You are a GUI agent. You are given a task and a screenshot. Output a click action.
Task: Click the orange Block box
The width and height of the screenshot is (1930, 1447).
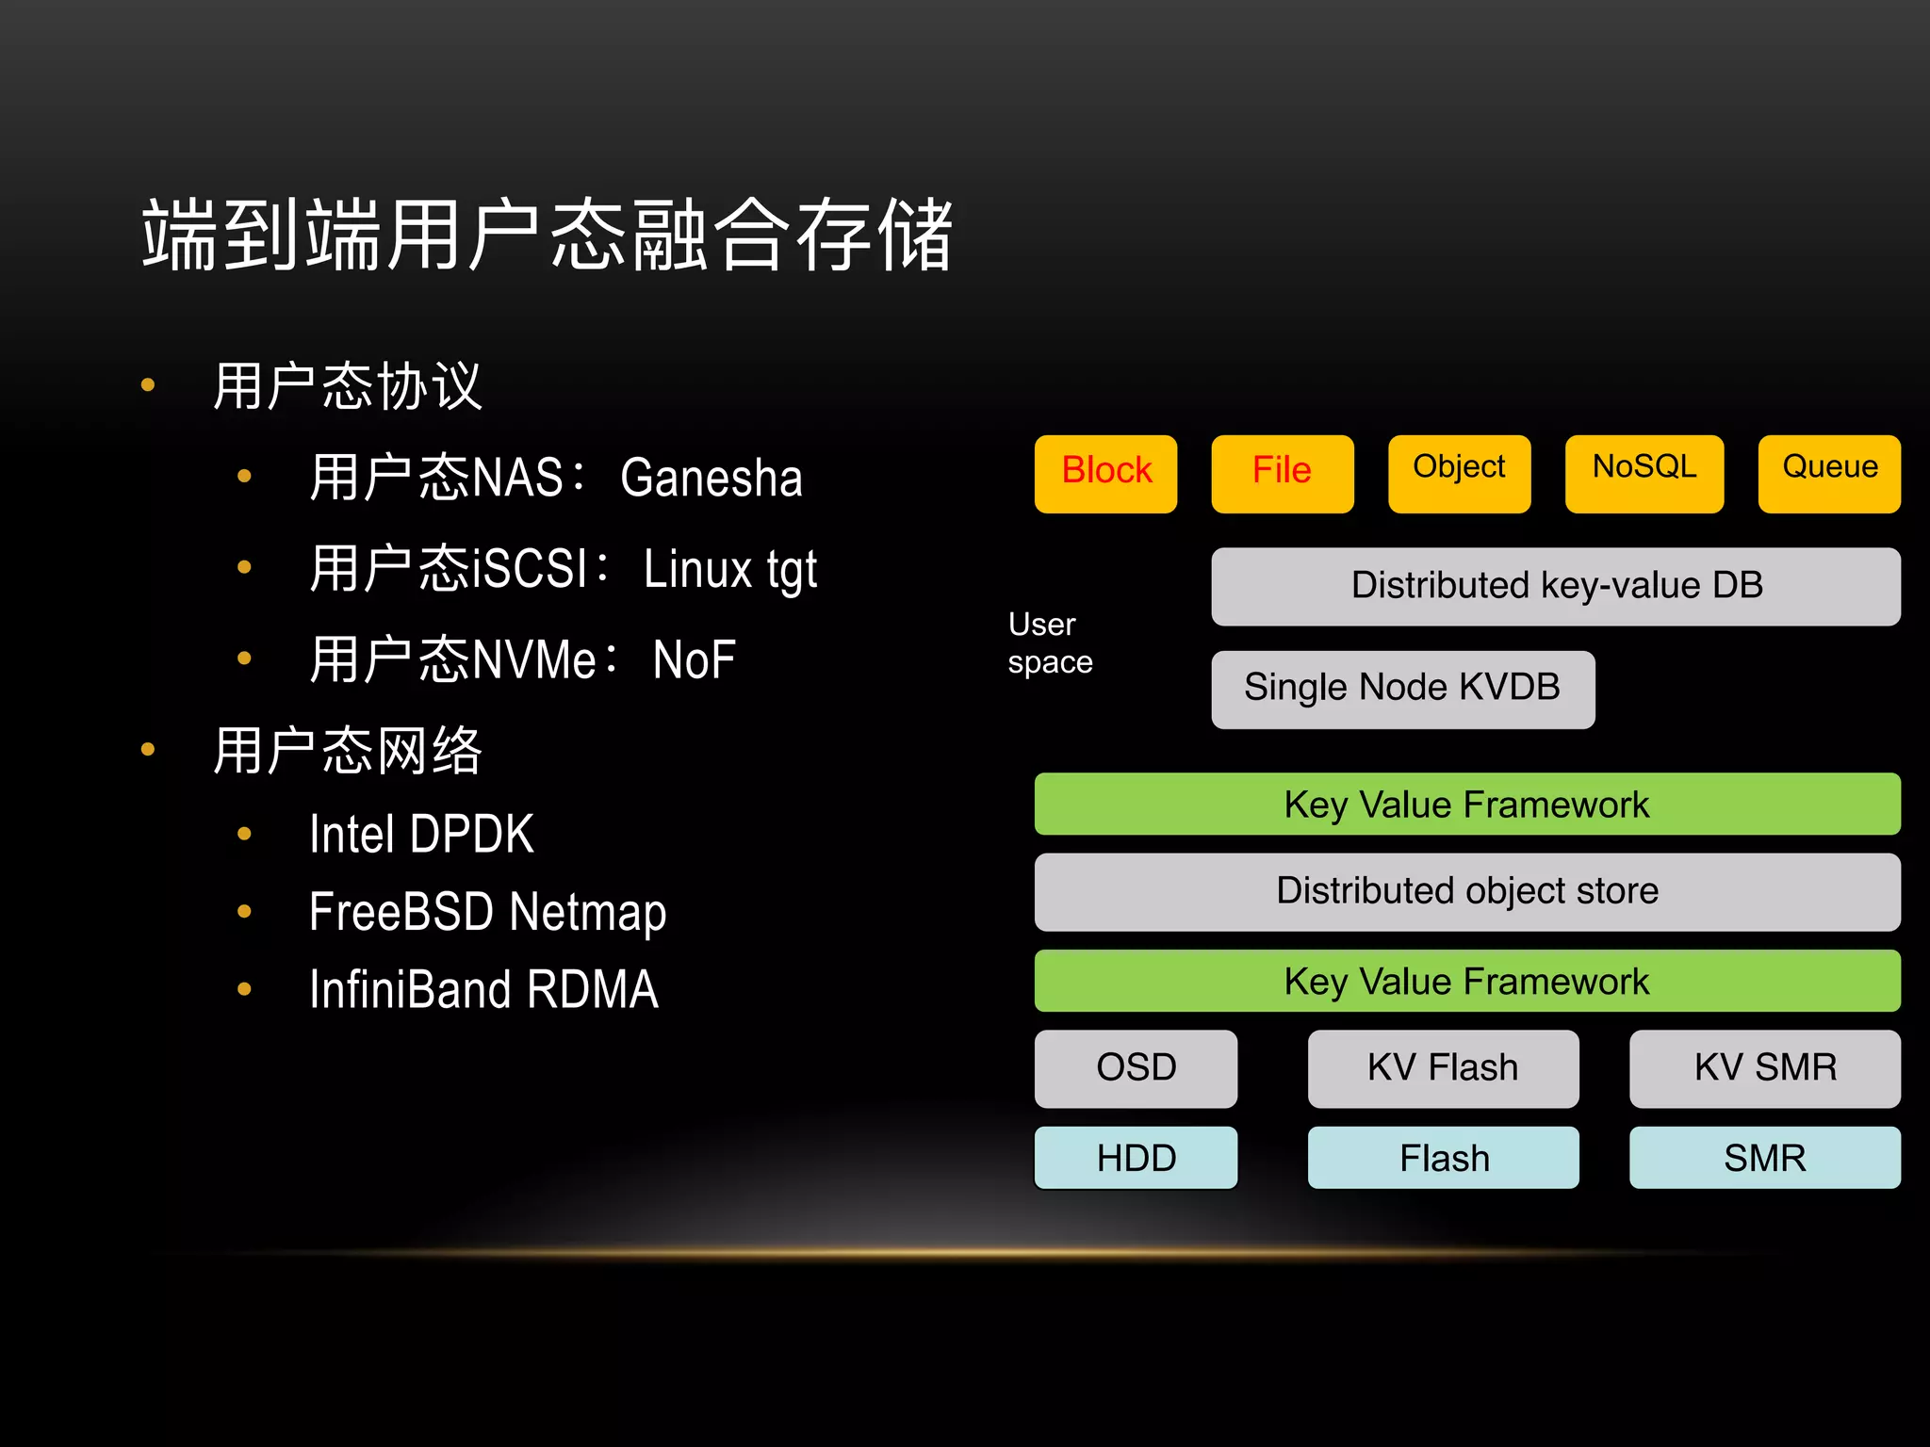pyautogui.click(x=1105, y=473)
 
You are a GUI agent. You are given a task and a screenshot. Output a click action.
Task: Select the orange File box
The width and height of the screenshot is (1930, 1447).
pyautogui.click(x=1282, y=473)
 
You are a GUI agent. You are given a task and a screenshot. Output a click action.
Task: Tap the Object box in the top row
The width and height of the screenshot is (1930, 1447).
pyautogui.click(x=1459, y=473)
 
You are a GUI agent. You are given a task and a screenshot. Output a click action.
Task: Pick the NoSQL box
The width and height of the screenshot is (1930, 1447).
pyautogui.click(x=1644, y=473)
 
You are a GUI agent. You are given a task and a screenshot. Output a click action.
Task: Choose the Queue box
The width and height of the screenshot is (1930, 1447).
pyautogui.click(x=1829, y=473)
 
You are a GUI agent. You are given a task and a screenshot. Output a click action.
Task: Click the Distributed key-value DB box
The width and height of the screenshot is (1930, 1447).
pyautogui.click(x=1556, y=586)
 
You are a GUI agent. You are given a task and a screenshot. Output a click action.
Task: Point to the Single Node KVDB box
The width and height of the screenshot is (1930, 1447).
pyautogui.click(x=1402, y=689)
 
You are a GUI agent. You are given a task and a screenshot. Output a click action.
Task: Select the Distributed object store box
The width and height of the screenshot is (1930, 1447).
pyautogui.click(x=1466, y=891)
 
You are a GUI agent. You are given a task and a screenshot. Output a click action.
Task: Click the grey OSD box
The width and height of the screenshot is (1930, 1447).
pyautogui.click(x=1136, y=1068)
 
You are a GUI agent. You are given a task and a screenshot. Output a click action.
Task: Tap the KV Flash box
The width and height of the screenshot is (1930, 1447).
pyautogui.click(x=1443, y=1068)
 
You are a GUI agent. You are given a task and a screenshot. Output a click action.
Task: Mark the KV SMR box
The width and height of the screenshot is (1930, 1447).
pyautogui.click(x=1765, y=1068)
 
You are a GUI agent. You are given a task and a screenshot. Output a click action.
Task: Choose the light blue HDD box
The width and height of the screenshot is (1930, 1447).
pyautogui.click(x=1136, y=1158)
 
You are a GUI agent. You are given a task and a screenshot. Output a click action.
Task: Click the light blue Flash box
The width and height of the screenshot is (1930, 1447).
pyautogui.click(x=1443, y=1158)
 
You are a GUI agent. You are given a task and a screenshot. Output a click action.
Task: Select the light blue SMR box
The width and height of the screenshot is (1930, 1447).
pyautogui.click(x=1765, y=1158)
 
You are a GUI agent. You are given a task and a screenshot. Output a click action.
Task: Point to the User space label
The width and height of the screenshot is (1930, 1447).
pyautogui.click(x=1050, y=643)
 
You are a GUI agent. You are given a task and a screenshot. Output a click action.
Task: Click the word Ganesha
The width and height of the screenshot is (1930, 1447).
pyautogui.click(x=711, y=478)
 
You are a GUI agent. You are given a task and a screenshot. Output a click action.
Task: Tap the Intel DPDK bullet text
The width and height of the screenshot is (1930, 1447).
pyautogui.click(x=421, y=835)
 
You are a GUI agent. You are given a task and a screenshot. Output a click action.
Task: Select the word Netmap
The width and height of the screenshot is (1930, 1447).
pyautogui.click(x=588, y=912)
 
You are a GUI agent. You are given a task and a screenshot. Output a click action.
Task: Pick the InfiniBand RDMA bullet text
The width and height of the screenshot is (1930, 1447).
pyautogui.click(x=483, y=989)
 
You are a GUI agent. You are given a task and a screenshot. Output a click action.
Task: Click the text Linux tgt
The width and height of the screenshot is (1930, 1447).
pyautogui.click(x=730, y=569)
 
